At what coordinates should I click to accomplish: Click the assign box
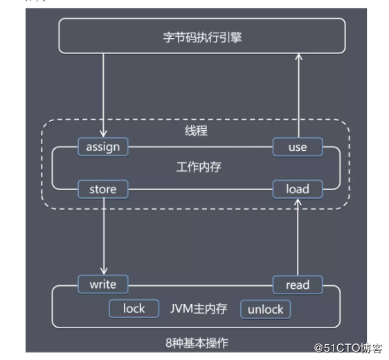[103, 147]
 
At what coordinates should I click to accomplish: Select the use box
[298, 147]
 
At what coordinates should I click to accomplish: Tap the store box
[103, 188]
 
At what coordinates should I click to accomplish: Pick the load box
[298, 188]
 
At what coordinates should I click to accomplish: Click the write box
[103, 284]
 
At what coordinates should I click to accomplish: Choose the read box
[298, 285]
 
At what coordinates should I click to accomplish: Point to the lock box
[134, 308]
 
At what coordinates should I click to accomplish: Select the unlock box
[266, 309]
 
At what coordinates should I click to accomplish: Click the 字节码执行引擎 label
[201, 36]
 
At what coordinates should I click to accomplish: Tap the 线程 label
[196, 130]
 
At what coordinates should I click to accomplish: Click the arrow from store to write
[104, 235]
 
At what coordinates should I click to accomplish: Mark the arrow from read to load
[298, 235]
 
